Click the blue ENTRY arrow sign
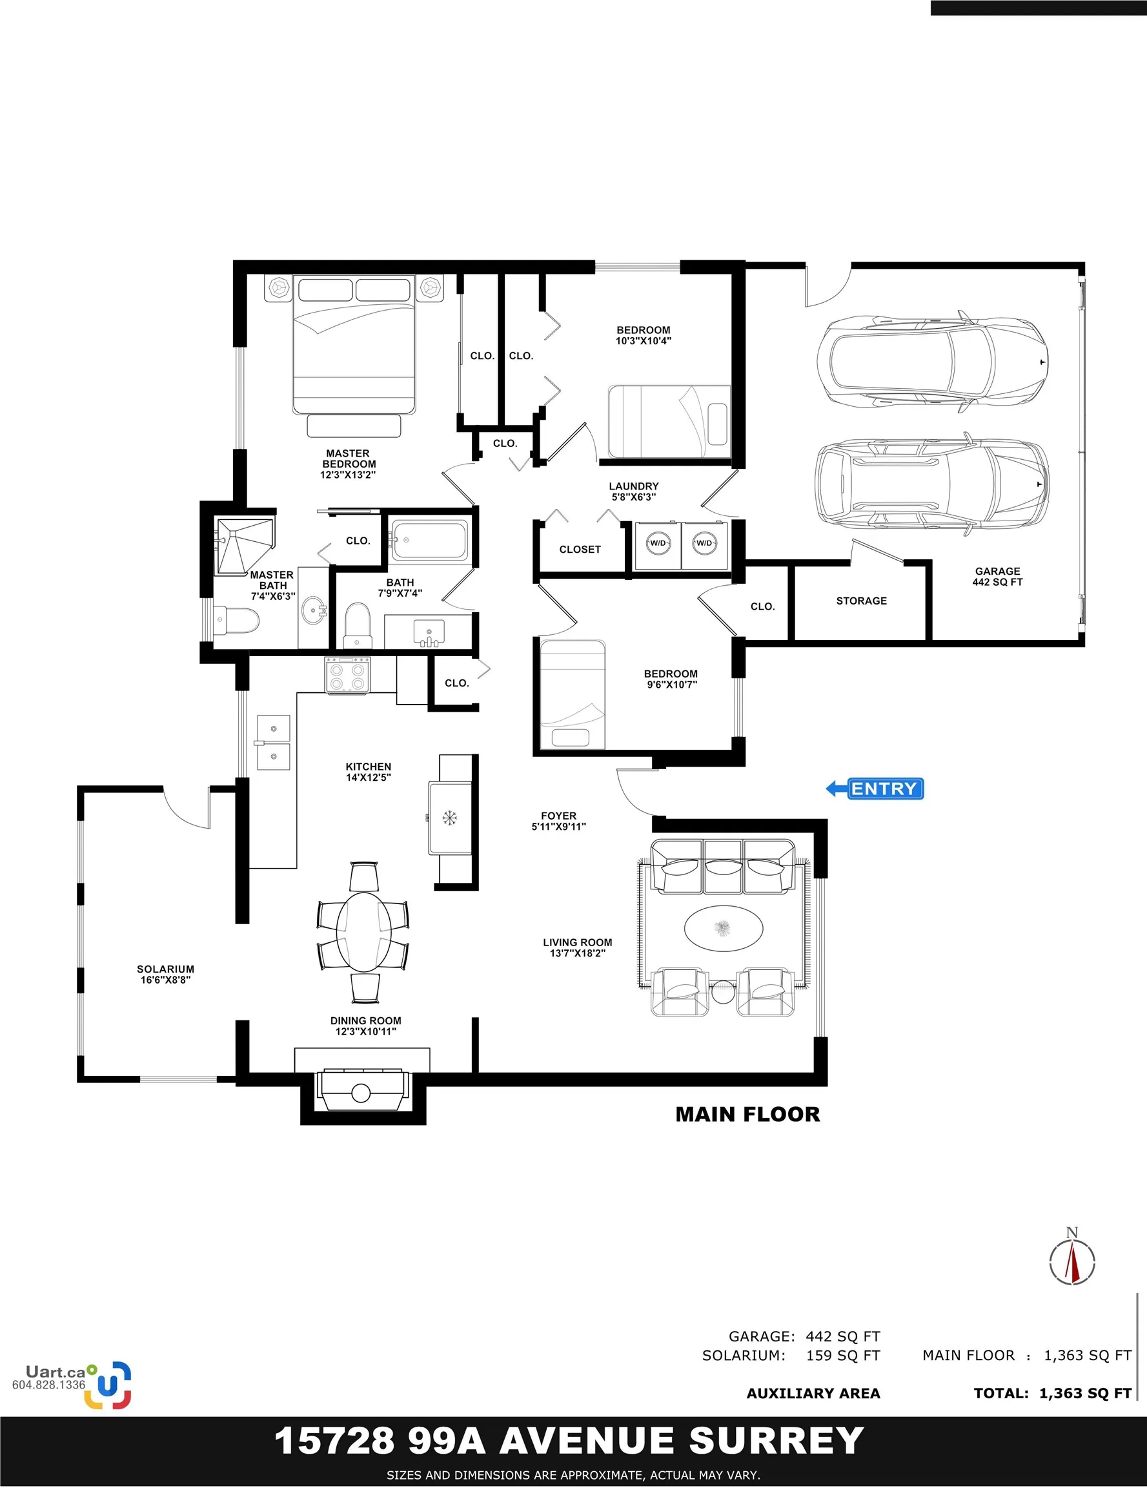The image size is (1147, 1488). pyautogui.click(x=875, y=789)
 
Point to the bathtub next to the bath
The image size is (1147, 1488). pyautogui.click(x=429, y=541)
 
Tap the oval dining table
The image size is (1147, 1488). pyautogui.click(x=363, y=931)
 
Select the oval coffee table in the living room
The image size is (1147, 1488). pyautogui.click(x=724, y=927)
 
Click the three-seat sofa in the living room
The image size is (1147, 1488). pyautogui.click(x=723, y=867)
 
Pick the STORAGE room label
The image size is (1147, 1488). pyautogui.click(x=862, y=601)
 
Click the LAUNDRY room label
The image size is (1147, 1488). pyautogui.click(x=633, y=486)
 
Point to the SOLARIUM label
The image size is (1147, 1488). pyautogui.click(x=165, y=969)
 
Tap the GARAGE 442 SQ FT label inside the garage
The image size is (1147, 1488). pyautogui.click(x=997, y=576)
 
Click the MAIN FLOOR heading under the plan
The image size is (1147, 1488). pyautogui.click(x=747, y=1115)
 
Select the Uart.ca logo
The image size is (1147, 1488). pyautogui.click(x=72, y=1384)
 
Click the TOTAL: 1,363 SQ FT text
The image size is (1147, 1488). pyautogui.click(x=1052, y=1393)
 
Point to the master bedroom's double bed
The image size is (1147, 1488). pyautogui.click(x=354, y=345)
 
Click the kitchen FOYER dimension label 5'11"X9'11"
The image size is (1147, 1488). pyautogui.click(x=558, y=827)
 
